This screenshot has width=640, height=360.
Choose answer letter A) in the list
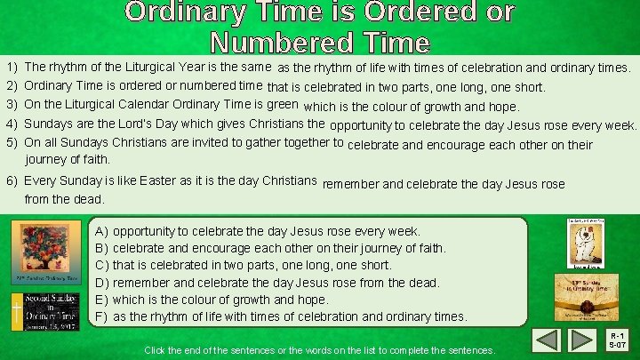click(x=101, y=231)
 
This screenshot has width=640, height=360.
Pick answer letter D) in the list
click(x=101, y=283)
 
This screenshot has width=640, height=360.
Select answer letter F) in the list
click(x=101, y=316)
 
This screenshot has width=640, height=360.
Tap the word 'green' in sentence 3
click(x=284, y=104)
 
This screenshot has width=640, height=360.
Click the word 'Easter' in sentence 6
click(x=134, y=180)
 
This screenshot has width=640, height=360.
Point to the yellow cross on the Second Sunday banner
click(x=16, y=312)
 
